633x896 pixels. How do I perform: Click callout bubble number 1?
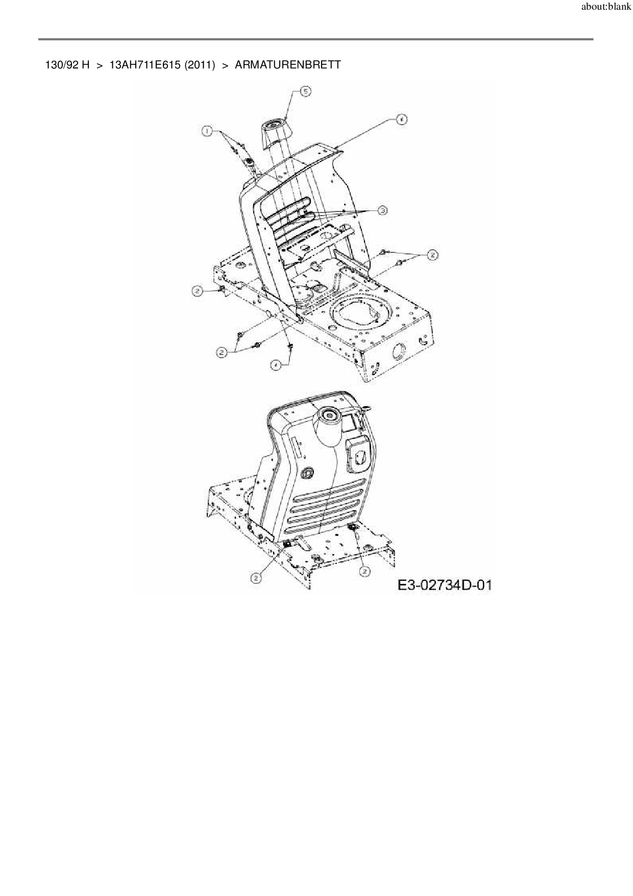[207, 131]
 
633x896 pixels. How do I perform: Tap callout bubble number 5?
[305, 91]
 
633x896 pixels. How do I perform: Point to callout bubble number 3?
[382, 210]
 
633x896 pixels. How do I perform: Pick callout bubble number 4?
[275, 365]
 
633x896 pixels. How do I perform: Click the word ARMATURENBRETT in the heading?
[287, 65]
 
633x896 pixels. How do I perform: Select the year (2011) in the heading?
[200, 65]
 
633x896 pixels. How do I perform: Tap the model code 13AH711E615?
[145, 65]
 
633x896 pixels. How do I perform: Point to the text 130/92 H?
[67, 65]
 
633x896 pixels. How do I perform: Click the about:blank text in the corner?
[606, 8]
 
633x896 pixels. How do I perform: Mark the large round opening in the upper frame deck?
[361, 314]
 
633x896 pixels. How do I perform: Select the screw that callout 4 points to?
[290, 346]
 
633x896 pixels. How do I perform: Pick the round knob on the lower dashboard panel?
[307, 473]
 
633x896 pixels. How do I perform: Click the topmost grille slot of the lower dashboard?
[327, 494]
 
